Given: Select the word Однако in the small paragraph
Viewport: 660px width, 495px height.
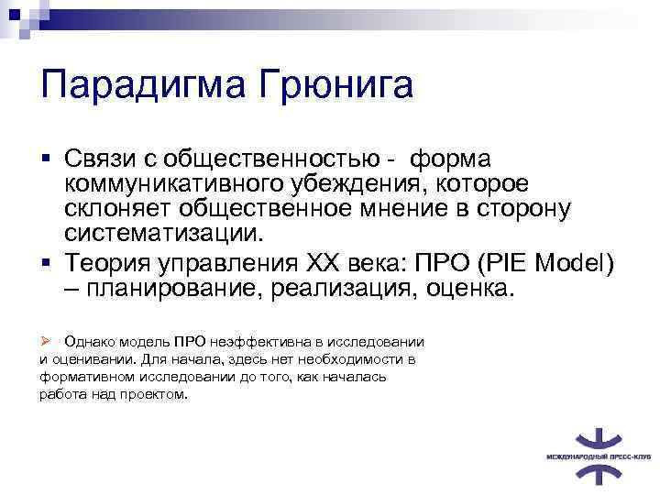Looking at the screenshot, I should point(92,342).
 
